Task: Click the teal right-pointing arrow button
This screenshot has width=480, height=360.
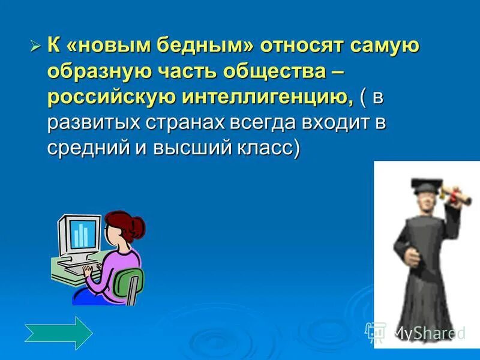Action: pos(58,333)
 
